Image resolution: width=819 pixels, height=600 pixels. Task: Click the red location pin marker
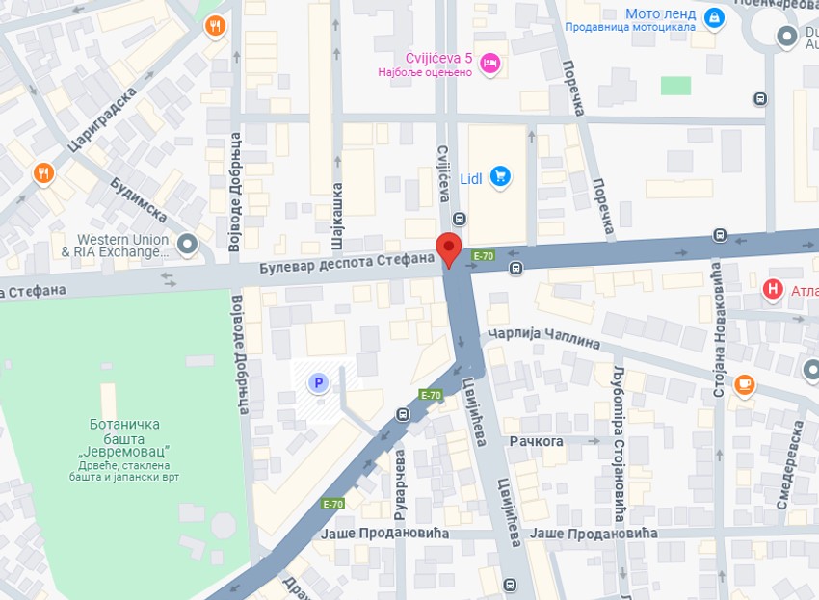coord(448,248)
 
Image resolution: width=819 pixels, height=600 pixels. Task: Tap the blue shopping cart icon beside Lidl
coord(499,176)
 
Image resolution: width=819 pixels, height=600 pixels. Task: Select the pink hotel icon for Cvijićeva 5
coord(489,63)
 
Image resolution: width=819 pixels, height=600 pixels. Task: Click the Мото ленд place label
coord(660,14)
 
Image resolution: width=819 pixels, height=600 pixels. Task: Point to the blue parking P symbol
coord(317,383)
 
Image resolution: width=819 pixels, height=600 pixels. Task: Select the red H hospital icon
coord(772,288)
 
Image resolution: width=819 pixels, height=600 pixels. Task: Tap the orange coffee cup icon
coord(743,385)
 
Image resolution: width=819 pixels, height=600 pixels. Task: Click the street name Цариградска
coord(103,118)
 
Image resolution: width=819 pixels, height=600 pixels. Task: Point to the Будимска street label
coord(139,199)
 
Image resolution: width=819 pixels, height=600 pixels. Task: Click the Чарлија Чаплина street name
coord(543,338)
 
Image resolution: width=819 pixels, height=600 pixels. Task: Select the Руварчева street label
coord(396,492)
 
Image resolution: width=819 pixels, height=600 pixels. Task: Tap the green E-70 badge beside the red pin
coord(483,256)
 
